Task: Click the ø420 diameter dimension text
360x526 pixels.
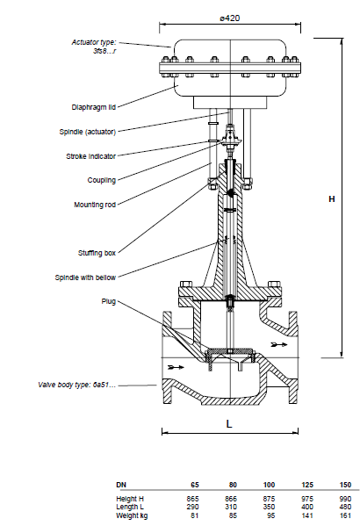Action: coord(230,18)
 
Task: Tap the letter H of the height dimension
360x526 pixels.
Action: coord(332,199)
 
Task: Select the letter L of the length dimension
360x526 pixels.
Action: coord(229,424)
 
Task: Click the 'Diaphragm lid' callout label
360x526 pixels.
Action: coord(94,107)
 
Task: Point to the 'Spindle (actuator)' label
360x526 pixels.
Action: coord(88,132)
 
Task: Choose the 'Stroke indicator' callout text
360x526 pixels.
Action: coord(91,156)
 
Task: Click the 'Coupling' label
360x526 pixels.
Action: coord(102,181)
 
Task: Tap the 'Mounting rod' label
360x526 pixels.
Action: coord(95,205)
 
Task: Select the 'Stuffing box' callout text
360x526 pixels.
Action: coord(97,253)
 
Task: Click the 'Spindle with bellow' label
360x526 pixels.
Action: coord(85,277)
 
